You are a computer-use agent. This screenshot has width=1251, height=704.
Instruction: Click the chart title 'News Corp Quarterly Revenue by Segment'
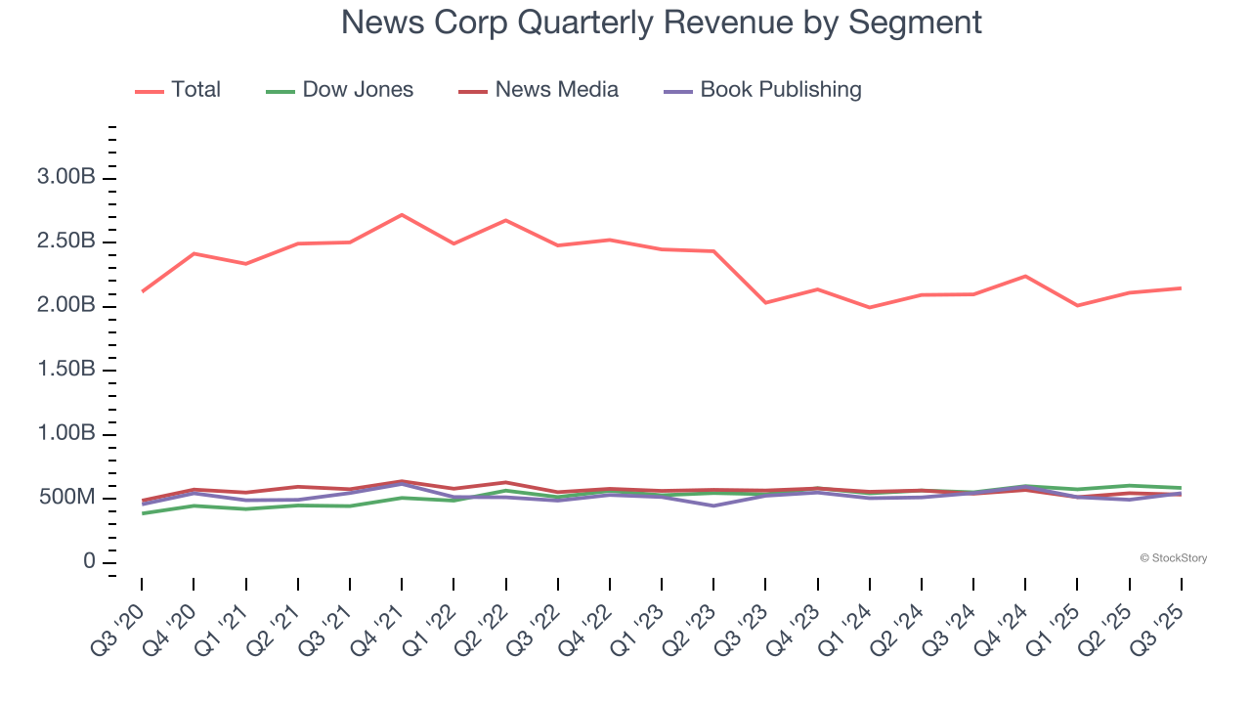pos(661,22)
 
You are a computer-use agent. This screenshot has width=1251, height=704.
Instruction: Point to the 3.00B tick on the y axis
pos(65,178)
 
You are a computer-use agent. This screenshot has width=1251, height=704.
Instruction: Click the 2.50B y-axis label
pos(65,242)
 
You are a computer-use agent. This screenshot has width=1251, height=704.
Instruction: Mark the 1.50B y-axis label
pos(65,371)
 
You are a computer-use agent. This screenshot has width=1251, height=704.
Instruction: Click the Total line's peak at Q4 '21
pos(402,215)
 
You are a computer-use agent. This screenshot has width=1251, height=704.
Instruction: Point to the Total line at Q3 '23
pos(765,303)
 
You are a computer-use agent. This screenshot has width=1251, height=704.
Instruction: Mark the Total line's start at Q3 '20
pos(142,291)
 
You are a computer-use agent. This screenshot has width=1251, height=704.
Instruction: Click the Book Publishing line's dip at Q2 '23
pos(713,506)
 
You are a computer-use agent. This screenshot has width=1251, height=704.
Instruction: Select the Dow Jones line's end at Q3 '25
pos(1181,488)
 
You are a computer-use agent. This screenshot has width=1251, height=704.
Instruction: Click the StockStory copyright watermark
pos(1173,558)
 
